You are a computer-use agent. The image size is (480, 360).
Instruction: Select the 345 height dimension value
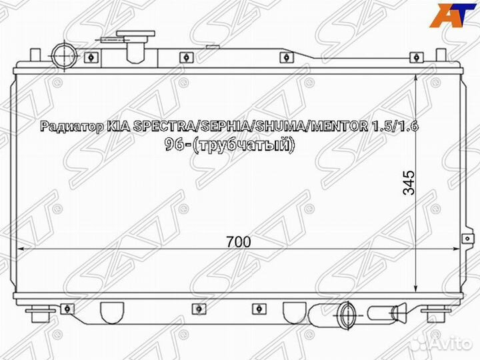click(409, 182)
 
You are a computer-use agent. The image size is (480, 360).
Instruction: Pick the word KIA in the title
click(118, 127)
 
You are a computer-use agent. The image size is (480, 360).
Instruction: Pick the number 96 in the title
click(175, 144)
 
